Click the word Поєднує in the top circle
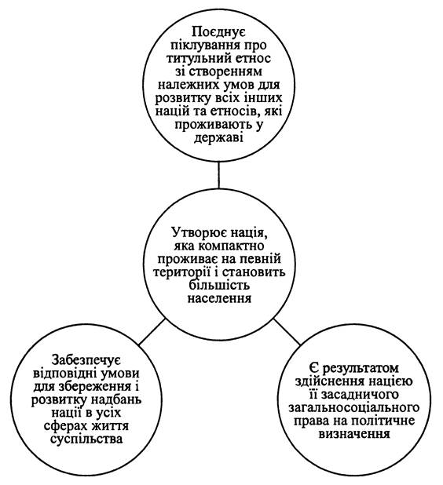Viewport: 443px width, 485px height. pyautogui.click(x=218, y=33)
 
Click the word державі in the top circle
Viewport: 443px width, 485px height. pyautogui.click(x=218, y=138)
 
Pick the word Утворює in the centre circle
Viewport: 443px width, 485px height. pyautogui.click(x=196, y=232)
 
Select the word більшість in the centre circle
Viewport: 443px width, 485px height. pyautogui.click(x=219, y=285)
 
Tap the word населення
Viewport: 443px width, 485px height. pyautogui.click(x=219, y=299)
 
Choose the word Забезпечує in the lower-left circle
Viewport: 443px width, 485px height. pyautogui.click(x=86, y=360)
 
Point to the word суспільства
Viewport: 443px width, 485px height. pyautogui.click(x=86, y=439)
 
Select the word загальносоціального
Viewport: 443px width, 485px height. pyautogui.click(x=354, y=408)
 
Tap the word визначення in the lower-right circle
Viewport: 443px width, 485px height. pyautogui.click(x=354, y=434)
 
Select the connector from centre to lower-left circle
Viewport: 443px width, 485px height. pyautogui.click(x=152, y=332)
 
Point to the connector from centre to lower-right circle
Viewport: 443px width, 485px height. pyautogui.click(x=287, y=331)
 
